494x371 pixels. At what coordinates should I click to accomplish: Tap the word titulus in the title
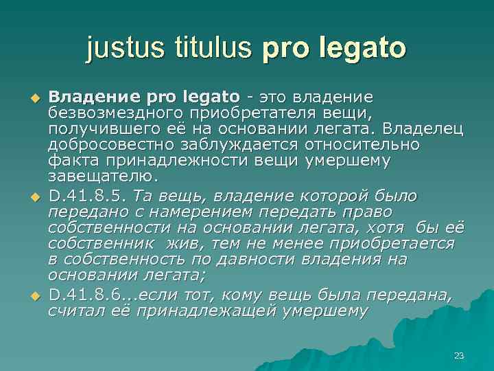tap(215, 49)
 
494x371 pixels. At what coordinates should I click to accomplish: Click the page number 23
tap(459, 355)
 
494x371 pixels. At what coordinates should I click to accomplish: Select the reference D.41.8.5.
tap(88, 195)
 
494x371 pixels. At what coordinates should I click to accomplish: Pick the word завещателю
tap(93, 178)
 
